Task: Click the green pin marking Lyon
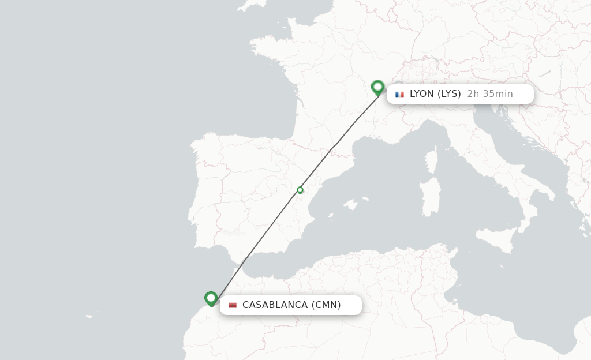[x=378, y=87]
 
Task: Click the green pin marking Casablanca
[x=211, y=298]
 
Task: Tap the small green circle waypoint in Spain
[x=300, y=190]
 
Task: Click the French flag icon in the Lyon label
[x=399, y=94]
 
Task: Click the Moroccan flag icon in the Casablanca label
[x=233, y=305]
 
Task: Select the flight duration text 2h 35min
[x=489, y=94]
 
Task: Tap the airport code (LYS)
[x=449, y=94]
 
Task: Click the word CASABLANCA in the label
[x=275, y=305]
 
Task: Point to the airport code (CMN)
[x=326, y=305]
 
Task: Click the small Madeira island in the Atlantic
[x=89, y=316]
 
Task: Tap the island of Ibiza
[x=330, y=216]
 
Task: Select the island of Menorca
[x=365, y=199]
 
